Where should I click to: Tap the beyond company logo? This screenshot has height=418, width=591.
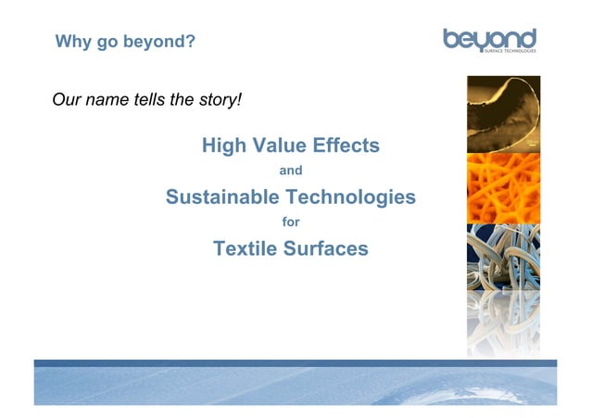click(x=489, y=39)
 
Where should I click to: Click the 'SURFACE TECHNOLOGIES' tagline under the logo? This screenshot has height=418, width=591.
click(x=509, y=51)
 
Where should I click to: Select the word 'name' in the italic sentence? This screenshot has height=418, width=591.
click(x=108, y=99)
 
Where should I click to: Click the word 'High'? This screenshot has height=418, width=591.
click(x=222, y=146)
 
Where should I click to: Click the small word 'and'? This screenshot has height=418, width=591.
click(x=291, y=171)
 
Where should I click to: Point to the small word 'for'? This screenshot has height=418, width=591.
click(x=291, y=222)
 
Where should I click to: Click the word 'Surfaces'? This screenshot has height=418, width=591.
click(x=328, y=248)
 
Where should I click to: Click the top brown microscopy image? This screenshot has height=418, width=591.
click(x=503, y=113)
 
